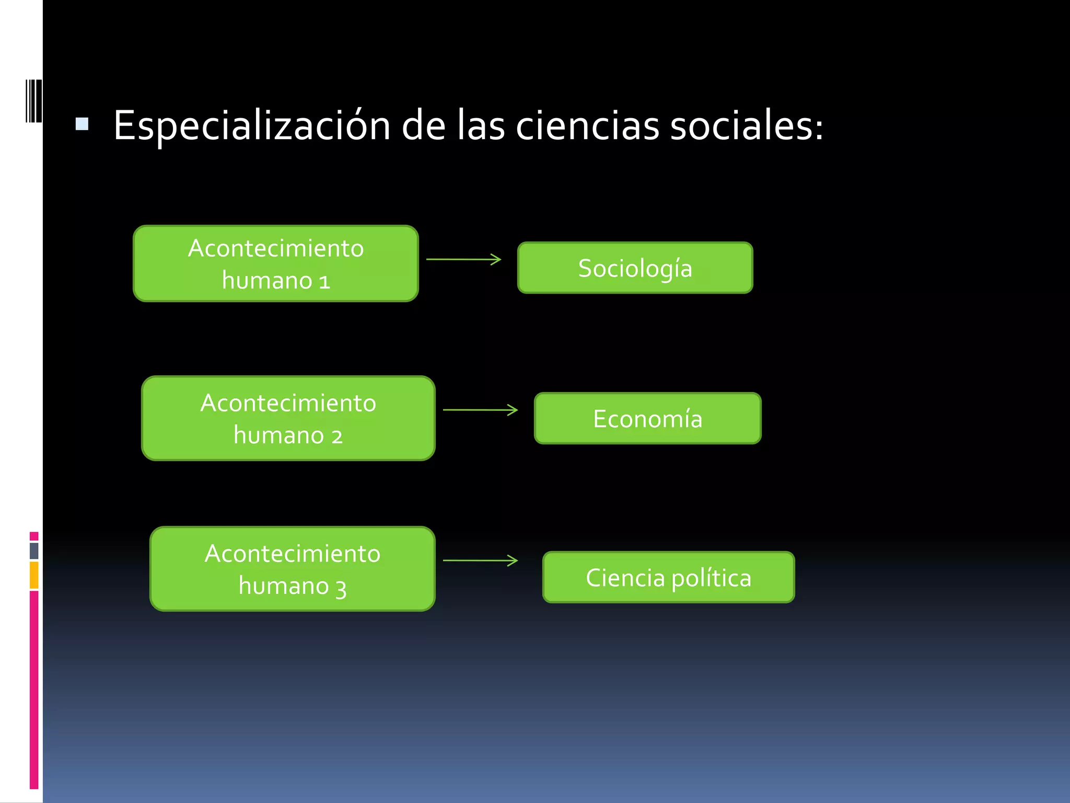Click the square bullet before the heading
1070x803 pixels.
click(82, 124)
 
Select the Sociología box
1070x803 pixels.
click(635, 268)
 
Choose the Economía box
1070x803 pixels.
click(647, 418)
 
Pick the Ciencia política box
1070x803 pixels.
click(668, 577)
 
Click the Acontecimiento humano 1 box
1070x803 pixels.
click(276, 263)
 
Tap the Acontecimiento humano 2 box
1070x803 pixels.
click(288, 418)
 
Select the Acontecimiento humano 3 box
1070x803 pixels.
click(292, 569)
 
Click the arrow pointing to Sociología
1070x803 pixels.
click(464, 259)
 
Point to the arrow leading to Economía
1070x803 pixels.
click(480, 410)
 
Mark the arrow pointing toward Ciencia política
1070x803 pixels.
click(480, 560)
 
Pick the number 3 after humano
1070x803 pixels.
click(341, 589)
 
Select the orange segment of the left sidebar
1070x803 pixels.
click(34, 575)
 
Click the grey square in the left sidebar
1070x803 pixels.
click(34, 550)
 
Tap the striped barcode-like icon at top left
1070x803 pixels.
click(33, 101)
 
